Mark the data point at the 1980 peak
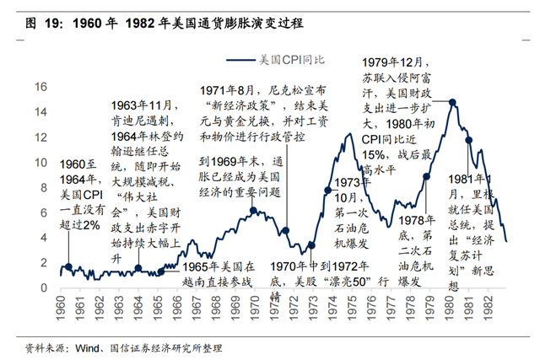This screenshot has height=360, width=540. tap(453, 102)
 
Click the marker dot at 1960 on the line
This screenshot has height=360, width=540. tap(67, 266)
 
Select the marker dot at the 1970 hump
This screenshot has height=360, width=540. tap(252, 209)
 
